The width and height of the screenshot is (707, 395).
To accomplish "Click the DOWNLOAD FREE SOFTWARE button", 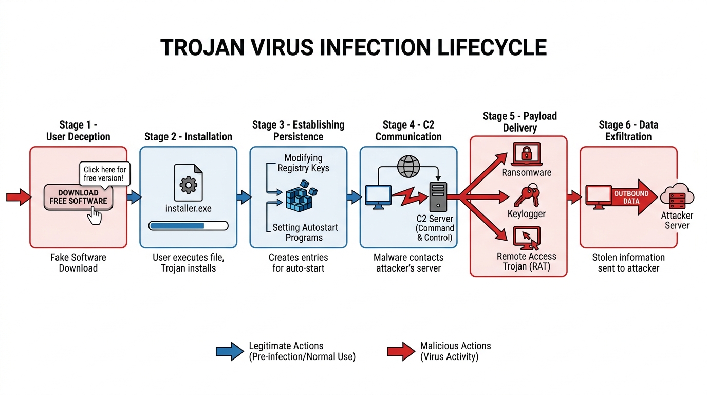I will [x=78, y=197].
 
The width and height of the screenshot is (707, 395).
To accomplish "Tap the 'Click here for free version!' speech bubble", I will [x=104, y=173].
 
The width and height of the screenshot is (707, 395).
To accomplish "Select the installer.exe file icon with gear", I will [x=188, y=183].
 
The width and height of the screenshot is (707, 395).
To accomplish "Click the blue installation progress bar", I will [x=188, y=225].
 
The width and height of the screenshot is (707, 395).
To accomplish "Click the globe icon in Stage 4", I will [x=408, y=167].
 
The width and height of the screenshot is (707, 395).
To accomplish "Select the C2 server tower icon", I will [x=438, y=197].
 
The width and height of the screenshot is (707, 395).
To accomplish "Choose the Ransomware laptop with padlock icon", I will [x=526, y=155].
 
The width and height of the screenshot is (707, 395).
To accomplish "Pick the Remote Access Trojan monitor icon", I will [x=526, y=239].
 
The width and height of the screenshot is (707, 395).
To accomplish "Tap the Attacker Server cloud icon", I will [x=677, y=196].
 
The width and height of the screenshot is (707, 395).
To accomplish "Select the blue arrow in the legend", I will [x=230, y=351].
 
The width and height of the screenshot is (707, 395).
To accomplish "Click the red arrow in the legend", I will [x=401, y=351].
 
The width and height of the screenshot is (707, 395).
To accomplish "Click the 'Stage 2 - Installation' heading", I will [x=188, y=137].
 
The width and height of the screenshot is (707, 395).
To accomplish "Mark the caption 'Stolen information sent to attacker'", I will [x=628, y=262].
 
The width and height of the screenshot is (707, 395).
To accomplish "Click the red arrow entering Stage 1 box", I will [x=18, y=197].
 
